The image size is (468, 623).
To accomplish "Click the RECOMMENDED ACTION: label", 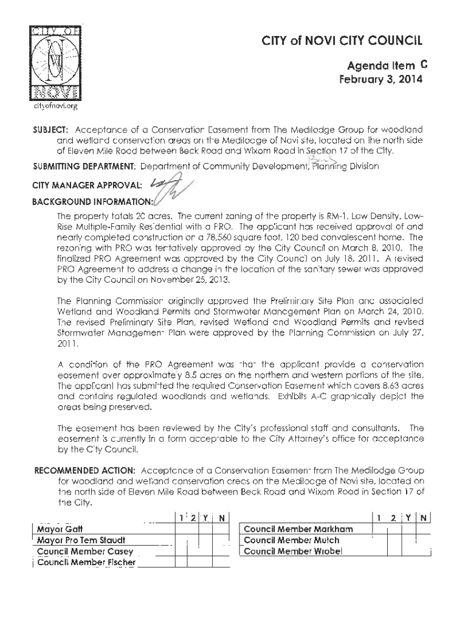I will pos(86,471).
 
